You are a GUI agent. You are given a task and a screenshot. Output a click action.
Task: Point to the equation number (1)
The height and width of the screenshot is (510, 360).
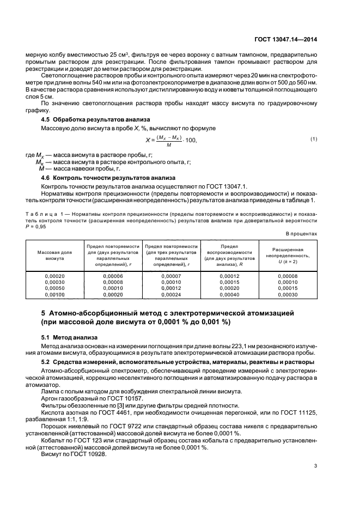pos(314,139)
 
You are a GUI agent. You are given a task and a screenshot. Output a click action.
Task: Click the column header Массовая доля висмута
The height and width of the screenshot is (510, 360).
pos(54,256)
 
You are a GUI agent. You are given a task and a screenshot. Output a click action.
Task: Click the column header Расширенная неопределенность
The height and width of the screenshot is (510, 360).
pos(286,256)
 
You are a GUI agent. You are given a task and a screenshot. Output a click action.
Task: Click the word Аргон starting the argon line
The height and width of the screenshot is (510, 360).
pos(50,399)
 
